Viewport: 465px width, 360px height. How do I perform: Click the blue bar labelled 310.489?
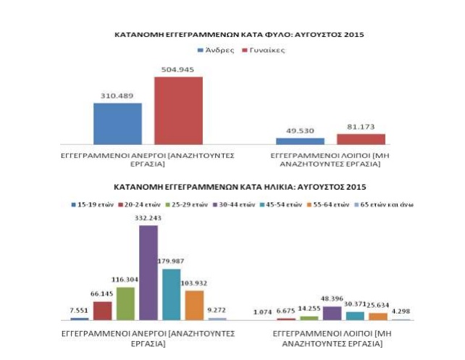pos(117,124)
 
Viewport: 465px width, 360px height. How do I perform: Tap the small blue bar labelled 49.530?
pos(299,141)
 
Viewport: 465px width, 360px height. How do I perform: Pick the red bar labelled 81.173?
pos(361,138)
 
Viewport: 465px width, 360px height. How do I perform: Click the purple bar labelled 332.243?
pos(148,272)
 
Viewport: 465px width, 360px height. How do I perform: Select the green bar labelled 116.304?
pos(125,303)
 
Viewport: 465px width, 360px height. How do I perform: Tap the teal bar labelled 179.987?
pos(171,294)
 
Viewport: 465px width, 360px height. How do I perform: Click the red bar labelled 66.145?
pos(103,310)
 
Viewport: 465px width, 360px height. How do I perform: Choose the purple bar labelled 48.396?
pos(332,312)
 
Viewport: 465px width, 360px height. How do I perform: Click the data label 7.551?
pos(80,309)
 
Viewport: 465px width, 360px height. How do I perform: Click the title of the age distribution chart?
pos(232,188)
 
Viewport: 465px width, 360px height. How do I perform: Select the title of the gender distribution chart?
pos(232,34)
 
